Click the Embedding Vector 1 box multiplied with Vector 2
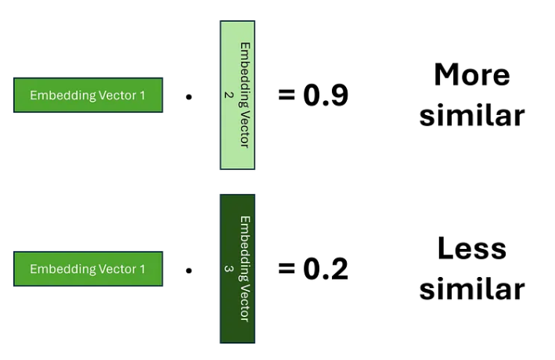pos(88,95)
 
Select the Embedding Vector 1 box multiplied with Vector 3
pos(88,268)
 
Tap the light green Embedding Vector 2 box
pos(237,95)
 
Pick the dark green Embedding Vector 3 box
pos(237,268)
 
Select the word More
pos(471,75)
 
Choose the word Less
pos(471,249)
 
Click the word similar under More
pos(471,116)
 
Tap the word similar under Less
pos(471,290)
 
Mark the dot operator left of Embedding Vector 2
pos(189,97)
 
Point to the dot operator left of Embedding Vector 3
pos(189,271)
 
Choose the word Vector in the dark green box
pos(245,302)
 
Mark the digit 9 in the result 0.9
pos(337,95)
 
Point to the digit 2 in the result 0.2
pos(337,269)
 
